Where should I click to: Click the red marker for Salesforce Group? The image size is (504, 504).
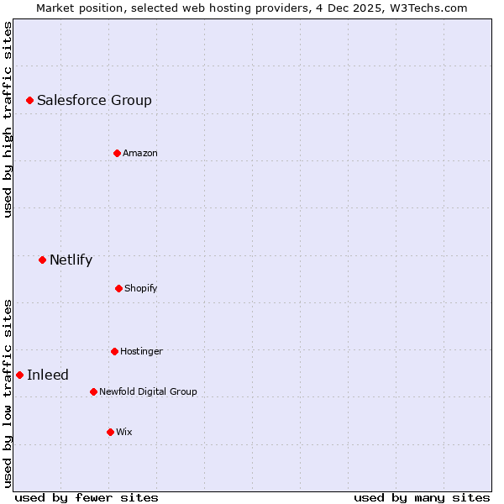pos(29,100)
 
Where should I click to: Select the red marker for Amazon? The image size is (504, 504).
pos(117,153)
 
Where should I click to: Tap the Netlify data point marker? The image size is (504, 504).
pos(42,260)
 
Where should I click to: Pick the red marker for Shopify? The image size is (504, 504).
pos(118,288)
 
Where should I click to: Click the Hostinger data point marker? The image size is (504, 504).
pos(114,351)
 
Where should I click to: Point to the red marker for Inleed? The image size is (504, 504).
pos(19,375)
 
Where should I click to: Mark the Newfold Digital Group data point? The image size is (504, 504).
pos(93,391)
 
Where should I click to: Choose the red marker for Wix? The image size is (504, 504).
pos(110,432)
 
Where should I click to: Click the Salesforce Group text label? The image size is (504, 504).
pos(94,101)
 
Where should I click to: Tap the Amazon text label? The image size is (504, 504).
pos(139,153)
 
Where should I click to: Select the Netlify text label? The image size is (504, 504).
pos(71,260)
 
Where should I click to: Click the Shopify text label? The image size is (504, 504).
pos(140,289)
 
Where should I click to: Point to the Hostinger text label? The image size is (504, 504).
pos(141,351)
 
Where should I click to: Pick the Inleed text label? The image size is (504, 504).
pos(48,375)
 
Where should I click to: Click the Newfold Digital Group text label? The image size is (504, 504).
pos(148,391)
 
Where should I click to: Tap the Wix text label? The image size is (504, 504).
pos(123,432)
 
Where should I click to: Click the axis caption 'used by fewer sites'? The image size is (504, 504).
pos(87,497)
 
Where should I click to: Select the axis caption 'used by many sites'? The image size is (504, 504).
pos(422,497)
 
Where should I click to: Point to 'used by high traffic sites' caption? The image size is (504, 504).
pos(8,119)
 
